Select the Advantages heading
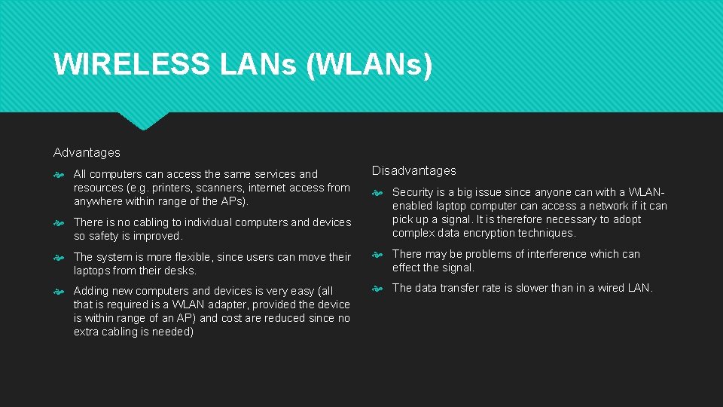(x=87, y=152)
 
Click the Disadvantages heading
(x=413, y=171)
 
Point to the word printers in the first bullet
(x=160, y=188)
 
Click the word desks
(x=180, y=271)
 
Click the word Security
(x=413, y=192)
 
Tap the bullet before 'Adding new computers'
(x=59, y=291)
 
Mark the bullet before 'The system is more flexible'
(x=59, y=257)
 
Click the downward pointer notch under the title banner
(x=144, y=121)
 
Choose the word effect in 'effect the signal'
(x=407, y=268)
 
